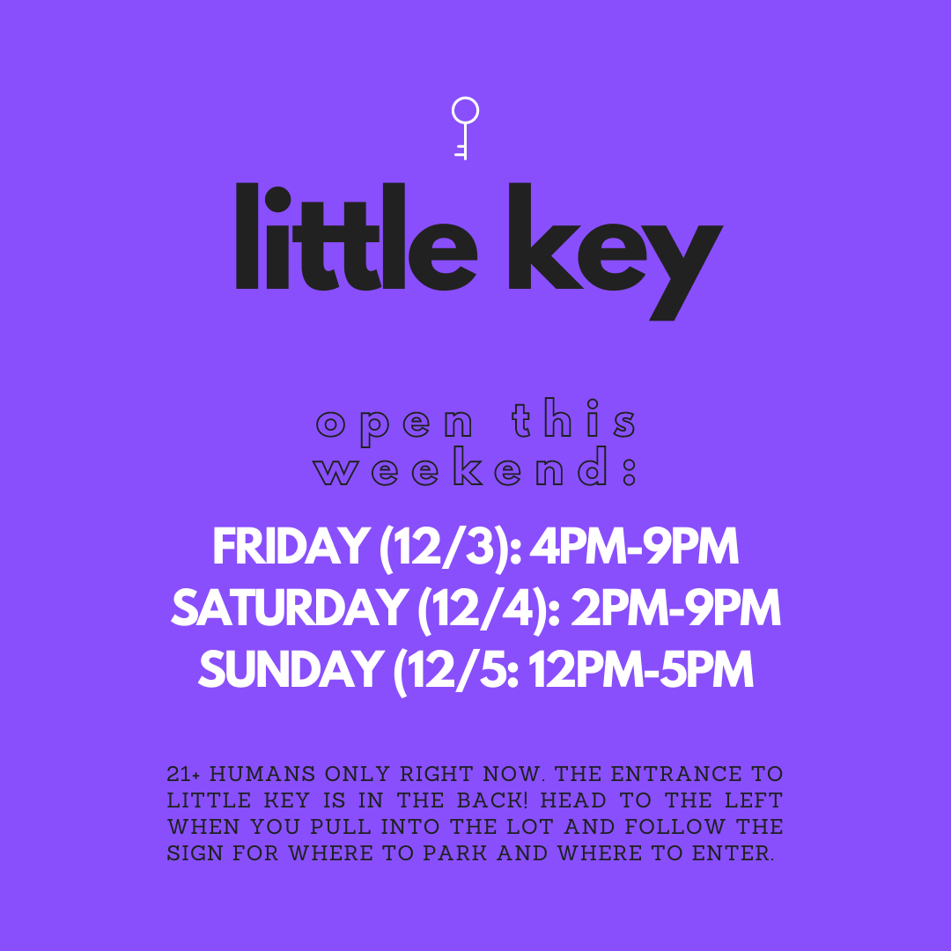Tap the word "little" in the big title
coord(357,237)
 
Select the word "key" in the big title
coord(616,252)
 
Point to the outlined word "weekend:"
coord(475,467)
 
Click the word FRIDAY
coord(291,547)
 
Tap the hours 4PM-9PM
coord(634,547)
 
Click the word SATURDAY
coord(290,608)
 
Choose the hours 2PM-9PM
coord(675,608)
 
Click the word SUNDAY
coord(291,669)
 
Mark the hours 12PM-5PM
coord(642,669)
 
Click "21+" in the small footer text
coord(183,774)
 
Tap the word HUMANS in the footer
coord(262,774)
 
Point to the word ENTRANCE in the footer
coord(675,774)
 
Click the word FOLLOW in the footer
coord(675,827)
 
